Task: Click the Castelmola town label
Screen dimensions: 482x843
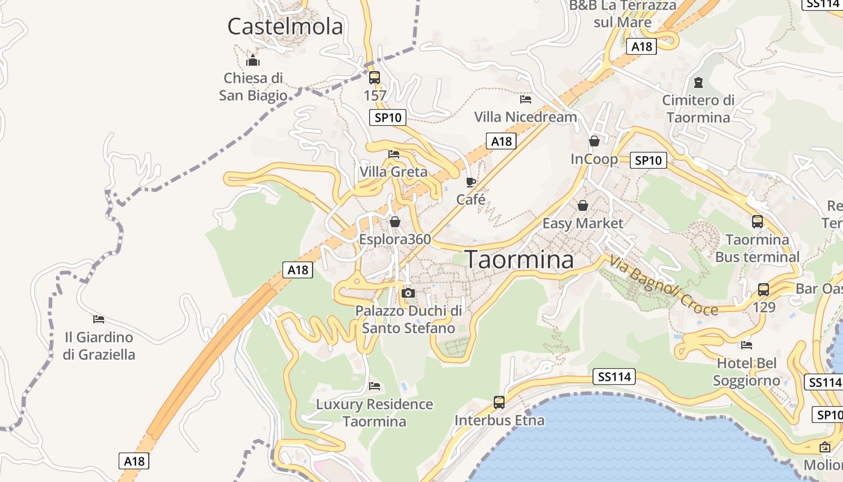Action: click(x=285, y=27)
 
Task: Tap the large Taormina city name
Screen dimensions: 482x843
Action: click(x=520, y=260)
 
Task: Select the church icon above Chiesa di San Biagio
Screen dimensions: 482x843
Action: click(x=253, y=60)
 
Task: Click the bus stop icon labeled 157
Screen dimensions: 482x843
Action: click(x=375, y=77)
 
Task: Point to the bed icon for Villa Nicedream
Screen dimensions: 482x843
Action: click(x=526, y=99)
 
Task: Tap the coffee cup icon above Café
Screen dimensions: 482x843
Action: click(x=471, y=182)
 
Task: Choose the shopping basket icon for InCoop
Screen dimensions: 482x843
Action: click(x=594, y=141)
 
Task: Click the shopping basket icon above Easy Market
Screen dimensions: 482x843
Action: click(x=583, y=205)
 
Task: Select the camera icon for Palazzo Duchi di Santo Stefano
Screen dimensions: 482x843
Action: click(x=408, y=293)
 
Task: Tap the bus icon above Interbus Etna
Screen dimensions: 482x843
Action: click(x=499, y=402)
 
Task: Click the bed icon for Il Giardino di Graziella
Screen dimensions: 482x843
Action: click(x=99, y=319)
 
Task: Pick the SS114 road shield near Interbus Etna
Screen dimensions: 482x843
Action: click(x=614, y=377)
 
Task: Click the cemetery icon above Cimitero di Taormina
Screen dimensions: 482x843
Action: click(x=698, y=82)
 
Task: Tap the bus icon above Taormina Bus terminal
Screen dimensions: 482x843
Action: click(x=757, y=222)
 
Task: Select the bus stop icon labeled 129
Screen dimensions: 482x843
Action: click(x=764, y=290)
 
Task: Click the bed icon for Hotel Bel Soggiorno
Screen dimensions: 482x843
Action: click(x=747, y=345)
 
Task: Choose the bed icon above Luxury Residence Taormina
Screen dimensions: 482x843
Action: click(x=375, y=386)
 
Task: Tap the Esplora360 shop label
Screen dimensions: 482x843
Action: click(x=395, y=239)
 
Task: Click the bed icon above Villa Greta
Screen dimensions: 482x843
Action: click(x=394, y=154)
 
